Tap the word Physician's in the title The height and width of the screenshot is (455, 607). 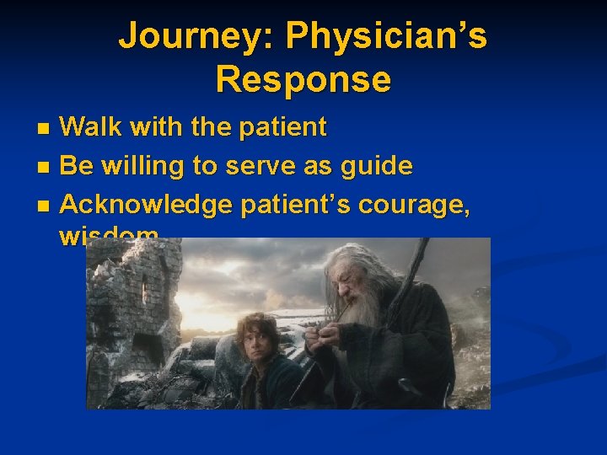pyautogui.click(x=385, y=37)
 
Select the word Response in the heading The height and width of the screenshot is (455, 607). pyautogui.click(x=303, y=79)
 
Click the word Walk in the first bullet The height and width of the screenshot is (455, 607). pyautogui.click(x=90, y=128)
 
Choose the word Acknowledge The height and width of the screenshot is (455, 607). pyautogui.click(x=148, y=204)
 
